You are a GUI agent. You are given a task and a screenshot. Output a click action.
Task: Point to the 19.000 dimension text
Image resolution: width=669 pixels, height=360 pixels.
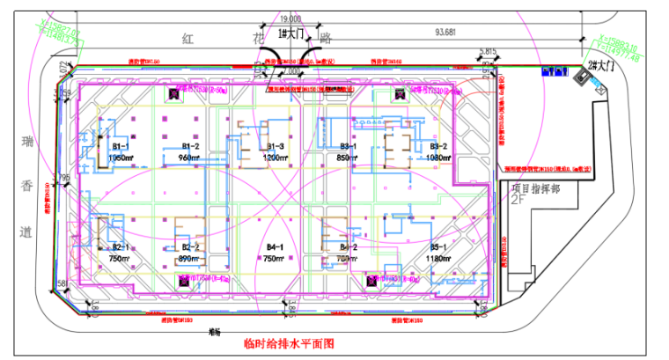[290, 18]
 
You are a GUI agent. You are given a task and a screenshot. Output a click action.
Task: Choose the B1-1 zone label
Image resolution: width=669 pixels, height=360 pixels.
[121, 146]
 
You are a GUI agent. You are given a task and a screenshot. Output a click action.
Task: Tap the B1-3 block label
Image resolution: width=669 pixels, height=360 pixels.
[275, 146]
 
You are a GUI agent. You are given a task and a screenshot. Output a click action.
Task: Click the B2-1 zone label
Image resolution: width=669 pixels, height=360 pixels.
[120, 248]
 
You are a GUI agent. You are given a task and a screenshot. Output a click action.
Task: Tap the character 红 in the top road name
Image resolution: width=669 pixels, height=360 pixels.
[187, 39]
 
